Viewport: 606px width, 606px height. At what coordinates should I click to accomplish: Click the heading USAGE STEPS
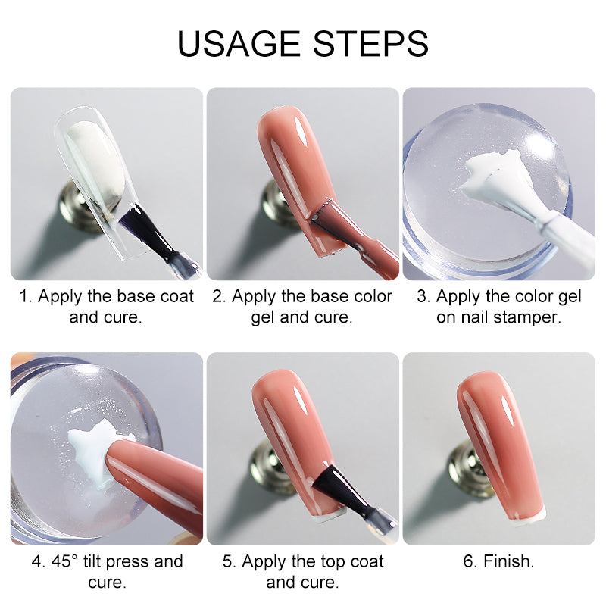[x=303, y=43]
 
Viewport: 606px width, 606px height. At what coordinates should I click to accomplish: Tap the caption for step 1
[x=106, y=306]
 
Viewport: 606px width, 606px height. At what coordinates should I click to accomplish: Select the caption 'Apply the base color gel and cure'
[x=302, y=306]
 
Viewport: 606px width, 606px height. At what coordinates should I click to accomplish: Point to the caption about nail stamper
[x=498, y=306]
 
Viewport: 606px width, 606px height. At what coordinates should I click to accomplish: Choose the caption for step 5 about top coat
[x=302, y=571]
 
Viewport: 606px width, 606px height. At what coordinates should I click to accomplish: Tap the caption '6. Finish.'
[x=498, y=561]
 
